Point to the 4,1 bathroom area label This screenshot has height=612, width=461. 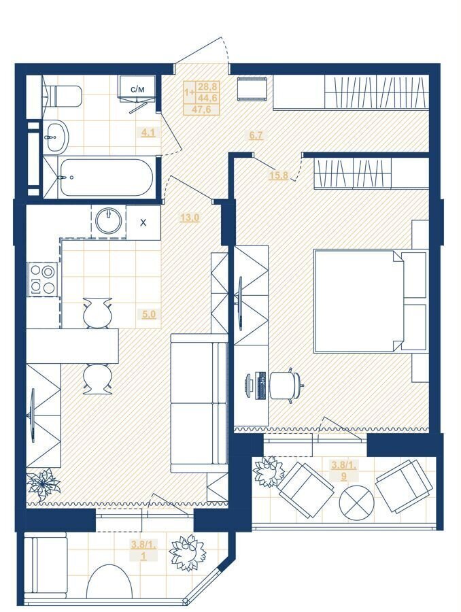click(148, 133)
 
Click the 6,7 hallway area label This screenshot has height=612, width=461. click(256, 135)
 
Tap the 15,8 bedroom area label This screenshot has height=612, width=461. click(279, 175)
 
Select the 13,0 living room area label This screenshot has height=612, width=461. click(190, 218)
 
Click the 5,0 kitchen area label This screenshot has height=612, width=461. click(149, 313)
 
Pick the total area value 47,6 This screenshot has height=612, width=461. click(201, 109)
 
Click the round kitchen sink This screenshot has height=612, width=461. click(109, 221)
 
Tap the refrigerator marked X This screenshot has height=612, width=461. click(143, 222)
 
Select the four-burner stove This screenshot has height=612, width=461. click(43, 279)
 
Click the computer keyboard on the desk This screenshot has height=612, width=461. click(260, 386)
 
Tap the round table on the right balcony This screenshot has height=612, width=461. click(357, 502)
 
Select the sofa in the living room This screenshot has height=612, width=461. click(199, 403)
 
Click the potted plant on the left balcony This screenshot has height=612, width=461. click(188, 552)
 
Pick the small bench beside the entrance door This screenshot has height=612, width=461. click(252, 89)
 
